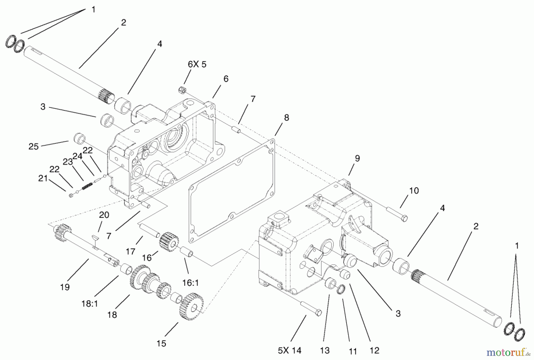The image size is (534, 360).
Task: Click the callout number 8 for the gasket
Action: (286, 118)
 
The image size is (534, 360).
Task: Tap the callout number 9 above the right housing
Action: (357, 158)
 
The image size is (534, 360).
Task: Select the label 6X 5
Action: (197, 64)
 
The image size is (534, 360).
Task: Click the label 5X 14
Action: (290, 351)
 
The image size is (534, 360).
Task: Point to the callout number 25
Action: (34, 146)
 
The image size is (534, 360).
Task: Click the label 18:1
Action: (90, 296)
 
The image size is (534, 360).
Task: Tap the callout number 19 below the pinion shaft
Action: (65, 287)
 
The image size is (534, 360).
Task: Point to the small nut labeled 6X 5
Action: (182, 89)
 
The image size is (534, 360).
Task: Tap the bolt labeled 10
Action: (397, 214)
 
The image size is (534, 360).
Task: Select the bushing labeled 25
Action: (80, 138)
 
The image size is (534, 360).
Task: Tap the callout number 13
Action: (325, 351)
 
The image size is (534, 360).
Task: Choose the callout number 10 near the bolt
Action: (414, 191)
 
